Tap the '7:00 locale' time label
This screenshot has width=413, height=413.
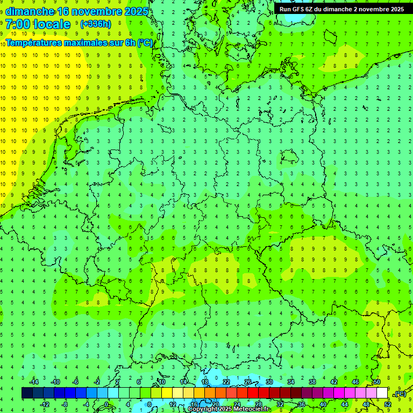click(38, 24)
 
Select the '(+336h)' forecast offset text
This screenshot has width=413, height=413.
click(95, 24)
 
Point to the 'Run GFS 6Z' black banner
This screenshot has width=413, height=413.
click(342, 9)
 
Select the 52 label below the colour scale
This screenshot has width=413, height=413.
click(388, 404)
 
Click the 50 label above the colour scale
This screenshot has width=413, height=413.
click(377, 382)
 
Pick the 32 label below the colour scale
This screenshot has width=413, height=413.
click(280, 404)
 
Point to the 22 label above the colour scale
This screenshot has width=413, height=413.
click(226, 382)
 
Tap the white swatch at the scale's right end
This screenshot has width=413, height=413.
click(382, 393)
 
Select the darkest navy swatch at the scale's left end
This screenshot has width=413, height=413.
click(27, 393)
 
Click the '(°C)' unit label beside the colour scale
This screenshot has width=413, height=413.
click(400, 394)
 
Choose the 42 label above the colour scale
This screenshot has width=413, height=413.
click(334, 382)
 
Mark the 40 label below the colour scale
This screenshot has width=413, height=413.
click(323, 404)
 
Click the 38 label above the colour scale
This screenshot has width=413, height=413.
click(312, 382)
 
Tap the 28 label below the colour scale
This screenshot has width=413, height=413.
click(259, 404)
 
